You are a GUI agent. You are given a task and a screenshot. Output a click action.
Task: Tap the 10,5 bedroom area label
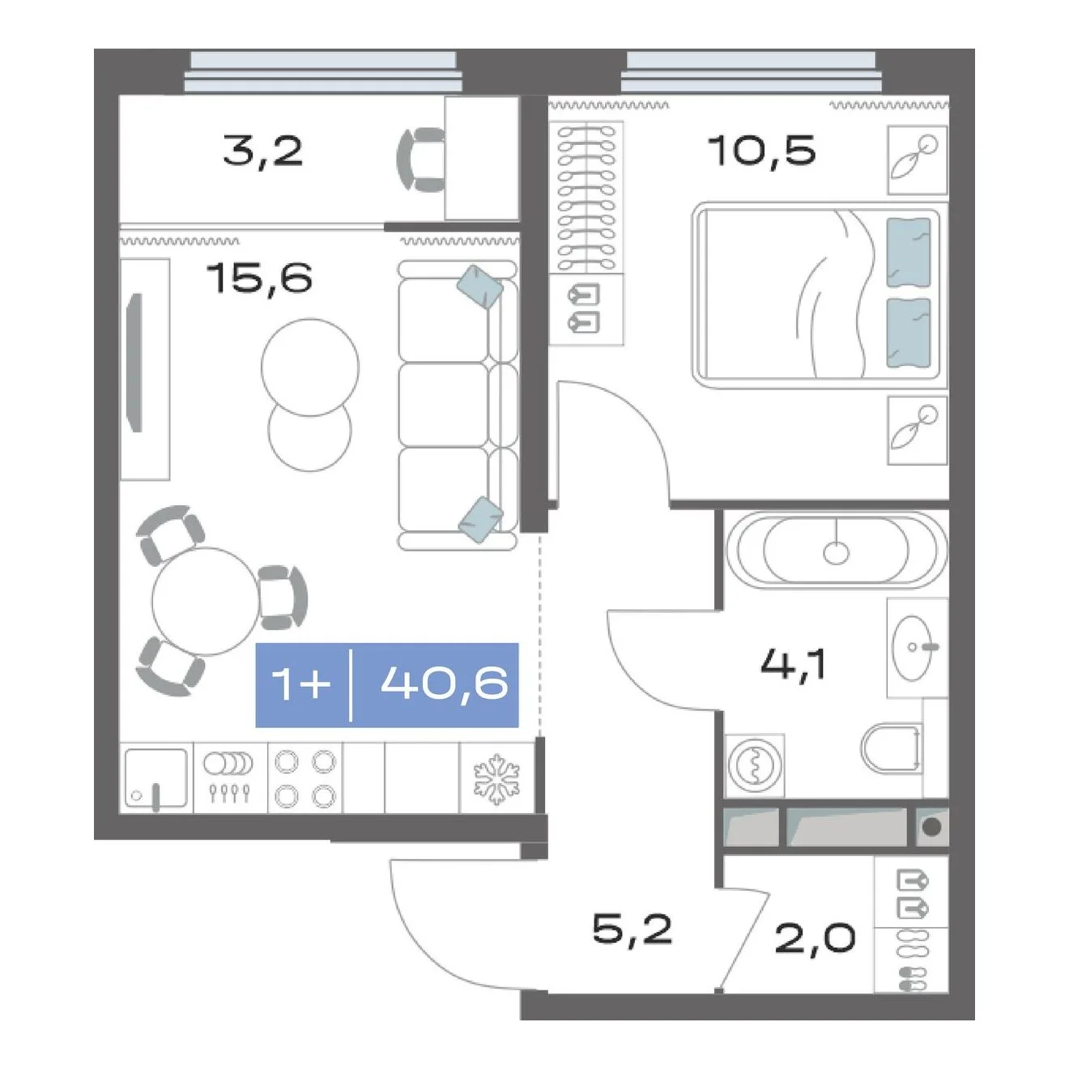click(762, 151)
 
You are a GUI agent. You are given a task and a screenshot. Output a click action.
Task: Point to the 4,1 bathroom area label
click(794, 664)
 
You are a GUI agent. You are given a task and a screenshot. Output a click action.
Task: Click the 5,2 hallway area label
click(632, 930)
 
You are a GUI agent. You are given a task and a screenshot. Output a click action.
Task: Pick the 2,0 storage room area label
click(815, 939)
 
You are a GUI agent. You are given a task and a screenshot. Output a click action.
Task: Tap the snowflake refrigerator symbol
click(496, 778)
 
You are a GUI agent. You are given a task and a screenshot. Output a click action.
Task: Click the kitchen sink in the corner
click(155, 778)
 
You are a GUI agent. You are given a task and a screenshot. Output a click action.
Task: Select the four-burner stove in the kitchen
click(305, 778)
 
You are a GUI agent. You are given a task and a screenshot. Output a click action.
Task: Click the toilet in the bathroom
click(892, 747)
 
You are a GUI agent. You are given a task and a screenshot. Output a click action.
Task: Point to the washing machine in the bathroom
click(755, 765)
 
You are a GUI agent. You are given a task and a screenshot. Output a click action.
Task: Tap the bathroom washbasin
click(916, 647)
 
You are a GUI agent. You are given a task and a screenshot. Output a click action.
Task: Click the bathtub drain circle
click(836, 552)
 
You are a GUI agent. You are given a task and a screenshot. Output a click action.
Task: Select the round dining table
click(205, 602)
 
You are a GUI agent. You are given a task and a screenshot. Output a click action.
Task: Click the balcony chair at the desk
click(420, 160)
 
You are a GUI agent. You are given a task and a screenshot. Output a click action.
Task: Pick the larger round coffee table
click(310, 367)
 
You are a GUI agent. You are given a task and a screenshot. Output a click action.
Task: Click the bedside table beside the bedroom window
click(917, 160)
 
